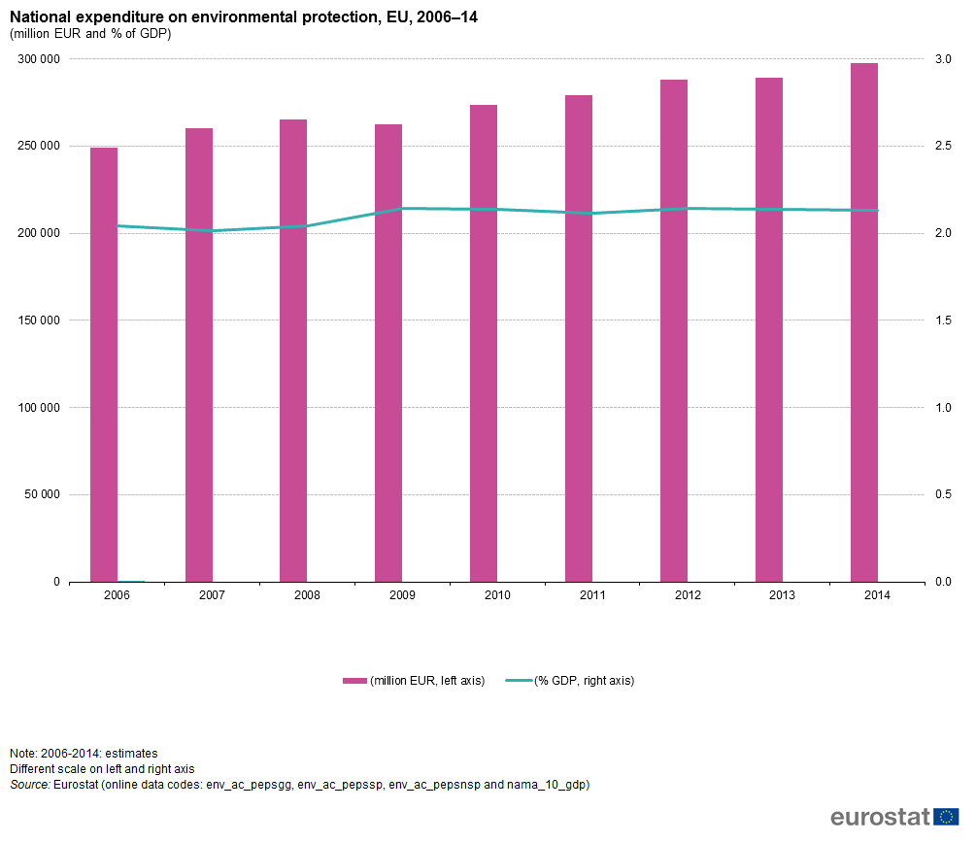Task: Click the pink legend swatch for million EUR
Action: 354,681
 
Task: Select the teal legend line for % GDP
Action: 519,681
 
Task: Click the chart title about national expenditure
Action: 243,17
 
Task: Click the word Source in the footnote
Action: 29,784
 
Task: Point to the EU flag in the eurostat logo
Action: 946,817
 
